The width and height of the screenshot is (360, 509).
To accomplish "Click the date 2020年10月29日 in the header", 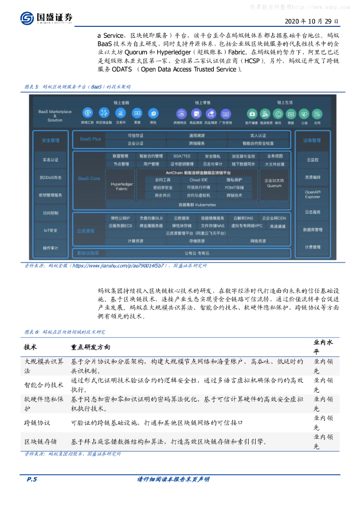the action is pyautogui.click(x=312, y=21).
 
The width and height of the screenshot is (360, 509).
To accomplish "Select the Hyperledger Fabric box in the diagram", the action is pyautogui.click(x=121, y=186).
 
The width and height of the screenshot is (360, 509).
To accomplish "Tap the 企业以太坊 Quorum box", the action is pyautogui.click(x=274, y=183).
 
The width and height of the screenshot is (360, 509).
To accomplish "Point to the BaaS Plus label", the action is pyautogui.click(x=90, y=139).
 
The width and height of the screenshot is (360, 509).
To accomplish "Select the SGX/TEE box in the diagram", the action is pyautogui.click(x=178, y=156).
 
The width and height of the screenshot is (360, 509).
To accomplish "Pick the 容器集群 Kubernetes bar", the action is pyautogui.click(x=197, y=204).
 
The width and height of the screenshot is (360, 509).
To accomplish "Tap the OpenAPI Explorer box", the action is pyautogui.click(x=312, y=194).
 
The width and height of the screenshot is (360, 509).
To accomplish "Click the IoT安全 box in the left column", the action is pyautogui.click(x=50, y=230).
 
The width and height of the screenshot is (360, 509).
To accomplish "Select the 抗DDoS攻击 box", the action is pyautogui.click(x=50, y=177).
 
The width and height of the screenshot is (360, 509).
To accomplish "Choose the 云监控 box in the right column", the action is pyautogui.click(x=312, y=160).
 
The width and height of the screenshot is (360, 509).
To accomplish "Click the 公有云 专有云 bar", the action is pyautogui.click(x=197, y=253).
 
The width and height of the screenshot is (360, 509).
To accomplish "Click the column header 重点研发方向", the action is pyautogui.click(x=90, y=347).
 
